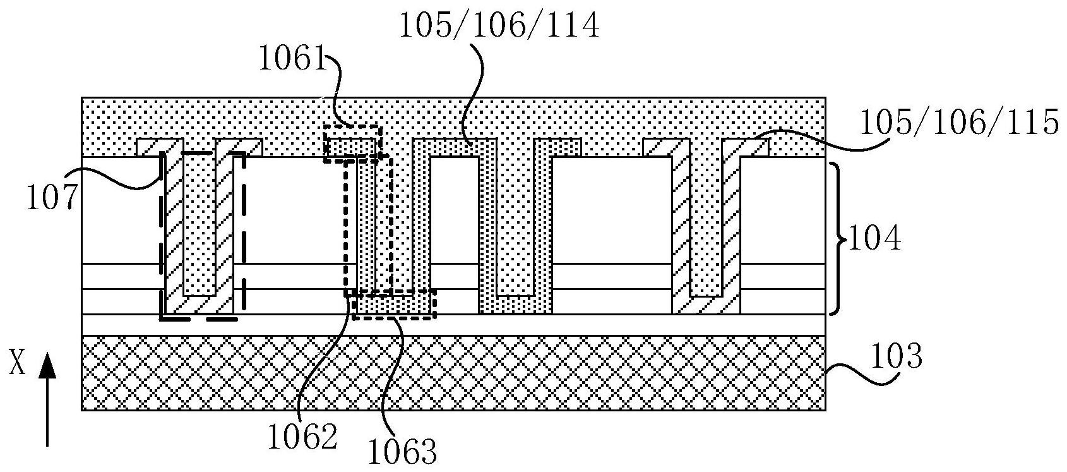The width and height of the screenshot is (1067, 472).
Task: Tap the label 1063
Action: click(403, 451)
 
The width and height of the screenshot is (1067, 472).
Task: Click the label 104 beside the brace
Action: click(874, 240)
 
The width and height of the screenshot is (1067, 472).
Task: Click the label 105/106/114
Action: click(499, 27)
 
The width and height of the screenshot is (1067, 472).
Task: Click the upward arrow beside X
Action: click(47, 398)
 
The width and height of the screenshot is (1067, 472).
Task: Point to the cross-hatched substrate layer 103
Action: click(453, 373)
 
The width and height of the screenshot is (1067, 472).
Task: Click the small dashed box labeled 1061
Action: click(352, 143)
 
